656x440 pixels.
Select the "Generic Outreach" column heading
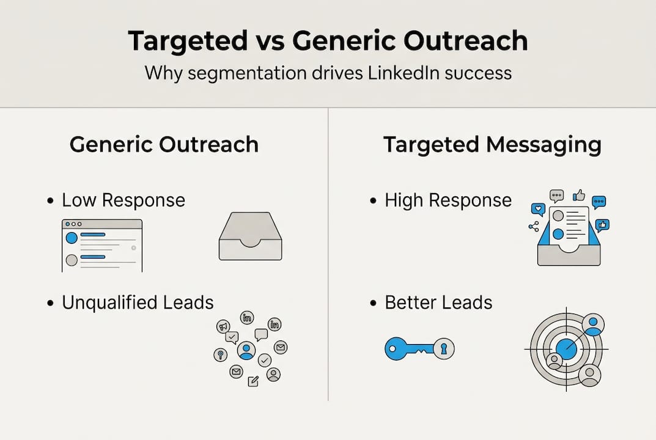click(164, 145)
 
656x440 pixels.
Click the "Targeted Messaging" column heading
click(492, 145)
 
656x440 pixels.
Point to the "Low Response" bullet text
click(123, 200)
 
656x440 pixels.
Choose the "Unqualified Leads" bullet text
click(138, 302)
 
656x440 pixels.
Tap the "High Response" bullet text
click(448, 200)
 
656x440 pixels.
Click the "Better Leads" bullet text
click(438, 302)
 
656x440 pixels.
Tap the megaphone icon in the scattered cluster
click(223, 327)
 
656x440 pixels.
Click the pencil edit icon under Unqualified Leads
click(253, 381)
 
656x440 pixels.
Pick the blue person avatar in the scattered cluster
click(246, 350)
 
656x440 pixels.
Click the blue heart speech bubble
click(538, 209)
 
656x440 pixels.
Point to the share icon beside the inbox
click(534, 227)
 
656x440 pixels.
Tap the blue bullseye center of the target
click(566, 350)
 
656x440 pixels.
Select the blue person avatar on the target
click(592, 324)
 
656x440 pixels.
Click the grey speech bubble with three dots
click(556, 196)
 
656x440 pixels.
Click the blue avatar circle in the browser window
click(72, 238)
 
